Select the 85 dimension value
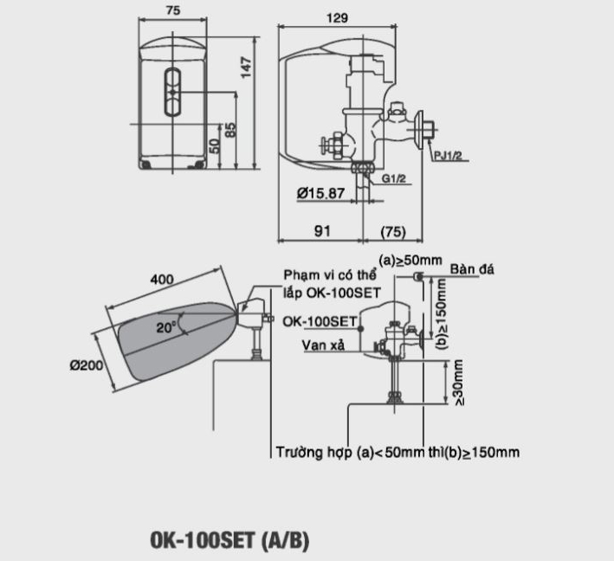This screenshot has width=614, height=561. coord(229,130)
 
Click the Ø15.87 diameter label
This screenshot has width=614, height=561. coord(320,194)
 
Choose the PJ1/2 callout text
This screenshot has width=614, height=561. coord(449,156)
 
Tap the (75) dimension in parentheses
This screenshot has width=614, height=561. coord(393,231)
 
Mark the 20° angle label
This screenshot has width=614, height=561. coord(166,327)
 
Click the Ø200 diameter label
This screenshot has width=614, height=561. coord(87,365)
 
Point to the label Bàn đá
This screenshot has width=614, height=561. coord(473,270)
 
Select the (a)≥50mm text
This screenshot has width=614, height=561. coord(410,260)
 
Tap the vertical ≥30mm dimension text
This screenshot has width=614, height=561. coord(457,383)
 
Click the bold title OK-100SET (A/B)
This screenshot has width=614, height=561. coord(229,542)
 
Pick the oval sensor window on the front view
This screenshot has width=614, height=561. coord(173,90)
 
